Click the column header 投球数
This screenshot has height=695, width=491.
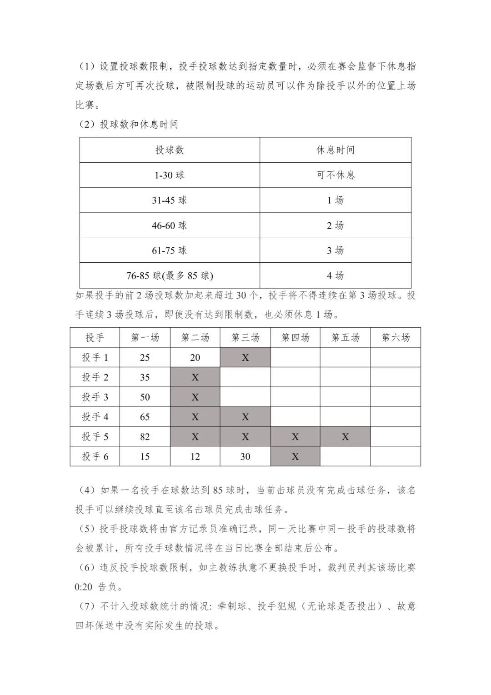click(170, 150)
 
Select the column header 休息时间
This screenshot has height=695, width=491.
click(336, 150)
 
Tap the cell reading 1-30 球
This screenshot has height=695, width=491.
click(170, 175)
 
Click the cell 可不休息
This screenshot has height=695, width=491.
click(336, 175)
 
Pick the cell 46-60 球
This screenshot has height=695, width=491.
click(170, 225)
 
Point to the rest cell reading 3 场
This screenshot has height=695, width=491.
click(336, 250)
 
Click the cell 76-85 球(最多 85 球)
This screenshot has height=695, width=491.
click(170, 275)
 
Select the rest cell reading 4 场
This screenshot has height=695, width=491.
click(336, 275)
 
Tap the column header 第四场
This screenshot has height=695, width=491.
click(295, 337)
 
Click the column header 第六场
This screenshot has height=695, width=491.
click(396, 337)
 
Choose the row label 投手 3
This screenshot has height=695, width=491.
click(95, 397)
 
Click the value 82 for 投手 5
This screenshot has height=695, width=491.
click(145, 437)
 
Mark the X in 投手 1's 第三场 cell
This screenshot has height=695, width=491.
click(245, 358)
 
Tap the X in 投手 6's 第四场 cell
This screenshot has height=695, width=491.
click(295, 456)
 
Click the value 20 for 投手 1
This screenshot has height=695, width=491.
click(195, 358)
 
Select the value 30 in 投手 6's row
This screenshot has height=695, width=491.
click(245, 456)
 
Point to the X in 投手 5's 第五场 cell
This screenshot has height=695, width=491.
click(345, 437)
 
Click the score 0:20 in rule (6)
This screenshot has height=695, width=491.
click(84, 587)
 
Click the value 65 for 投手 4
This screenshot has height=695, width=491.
click(145, 417)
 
